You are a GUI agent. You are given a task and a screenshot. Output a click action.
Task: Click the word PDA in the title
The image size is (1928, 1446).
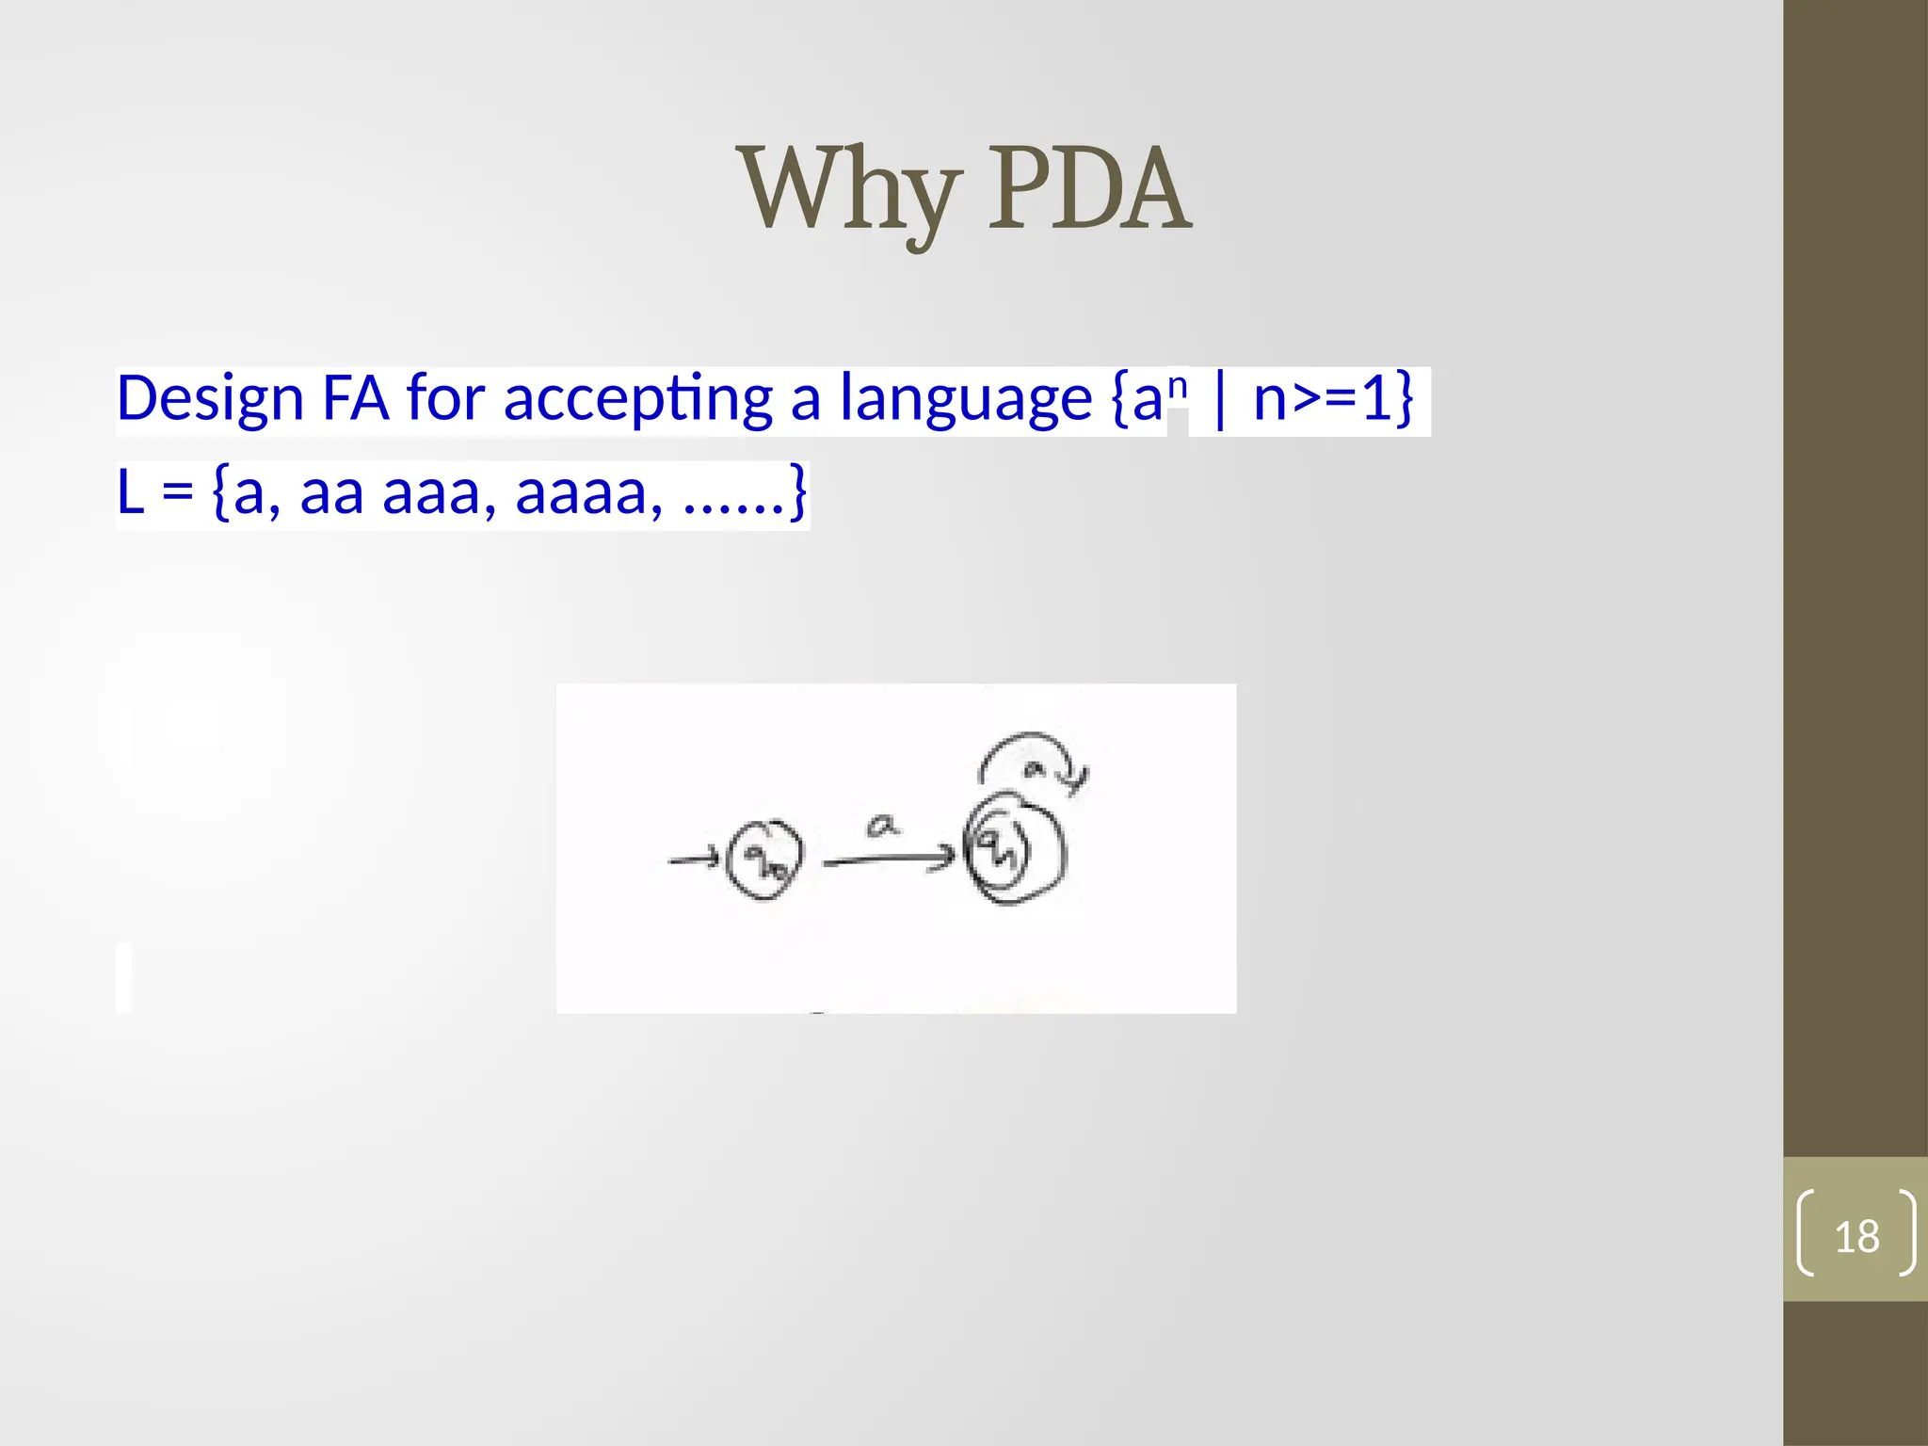coord(1089,191)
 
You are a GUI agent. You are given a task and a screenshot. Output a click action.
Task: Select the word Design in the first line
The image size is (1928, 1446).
coord(209,399)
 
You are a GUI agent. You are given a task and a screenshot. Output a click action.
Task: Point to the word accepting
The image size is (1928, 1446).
coord(638,399)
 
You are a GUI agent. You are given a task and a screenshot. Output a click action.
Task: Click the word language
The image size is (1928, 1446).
coord(965,399)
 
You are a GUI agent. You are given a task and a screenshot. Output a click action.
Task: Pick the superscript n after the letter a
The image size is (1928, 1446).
coord(1178,387)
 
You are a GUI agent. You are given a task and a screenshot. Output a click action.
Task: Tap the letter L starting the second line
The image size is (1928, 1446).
coord(130,492)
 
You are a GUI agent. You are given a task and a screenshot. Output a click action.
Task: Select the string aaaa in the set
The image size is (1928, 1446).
coord(581,492)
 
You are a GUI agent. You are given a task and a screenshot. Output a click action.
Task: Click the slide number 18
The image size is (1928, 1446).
coord(1856,1236)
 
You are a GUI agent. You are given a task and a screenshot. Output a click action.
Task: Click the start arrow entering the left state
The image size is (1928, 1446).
coord(693,860)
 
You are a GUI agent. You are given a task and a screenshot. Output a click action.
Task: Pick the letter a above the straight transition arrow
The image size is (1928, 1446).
coord(881,827)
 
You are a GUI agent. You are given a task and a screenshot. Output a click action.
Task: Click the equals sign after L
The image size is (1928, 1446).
coord(177,492)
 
